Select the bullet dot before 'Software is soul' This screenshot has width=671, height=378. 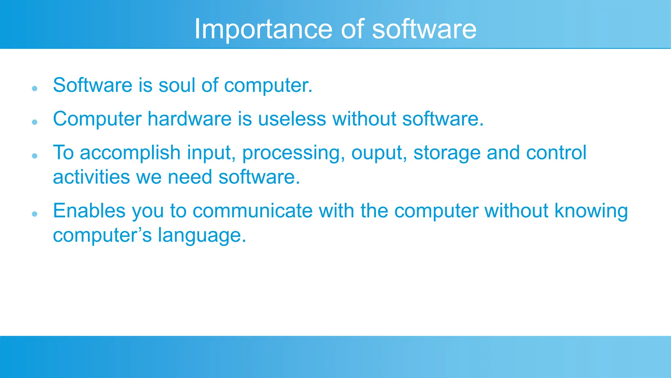click(35, 89)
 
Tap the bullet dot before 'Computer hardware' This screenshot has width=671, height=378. click(35, 122)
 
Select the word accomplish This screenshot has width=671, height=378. click(130, 153)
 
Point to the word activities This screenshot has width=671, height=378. click(91, 177)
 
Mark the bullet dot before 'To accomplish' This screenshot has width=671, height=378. click(35, 156)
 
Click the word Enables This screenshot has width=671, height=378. click(89, 211)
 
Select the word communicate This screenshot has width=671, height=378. click(252, 211)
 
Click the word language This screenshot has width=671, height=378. click(202, 236)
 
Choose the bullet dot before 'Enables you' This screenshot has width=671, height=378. click(35, 214)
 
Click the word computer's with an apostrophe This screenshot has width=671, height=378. click(102, 236)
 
